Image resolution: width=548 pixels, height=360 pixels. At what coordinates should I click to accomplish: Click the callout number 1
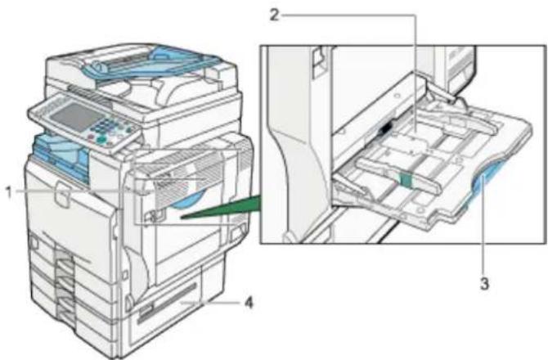pos(10,192)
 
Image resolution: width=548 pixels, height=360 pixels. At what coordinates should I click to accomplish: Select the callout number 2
pos(274,15)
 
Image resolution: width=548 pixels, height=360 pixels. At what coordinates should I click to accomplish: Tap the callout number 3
pos(484,283)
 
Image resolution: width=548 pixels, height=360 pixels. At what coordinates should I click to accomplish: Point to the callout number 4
pos(249,303)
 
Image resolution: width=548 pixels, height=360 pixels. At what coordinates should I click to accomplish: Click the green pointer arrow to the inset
pos(221,209)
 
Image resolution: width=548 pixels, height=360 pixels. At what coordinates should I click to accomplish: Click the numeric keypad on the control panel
pos(110,125)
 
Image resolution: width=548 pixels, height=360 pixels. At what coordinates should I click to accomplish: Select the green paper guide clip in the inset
pos(407,179)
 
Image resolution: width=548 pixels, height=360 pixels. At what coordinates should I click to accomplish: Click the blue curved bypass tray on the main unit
pos(189,200)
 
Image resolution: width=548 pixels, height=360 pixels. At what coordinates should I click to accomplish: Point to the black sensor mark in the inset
pos(386,128)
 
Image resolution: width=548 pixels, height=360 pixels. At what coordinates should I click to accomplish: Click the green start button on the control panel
pos(101,140)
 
